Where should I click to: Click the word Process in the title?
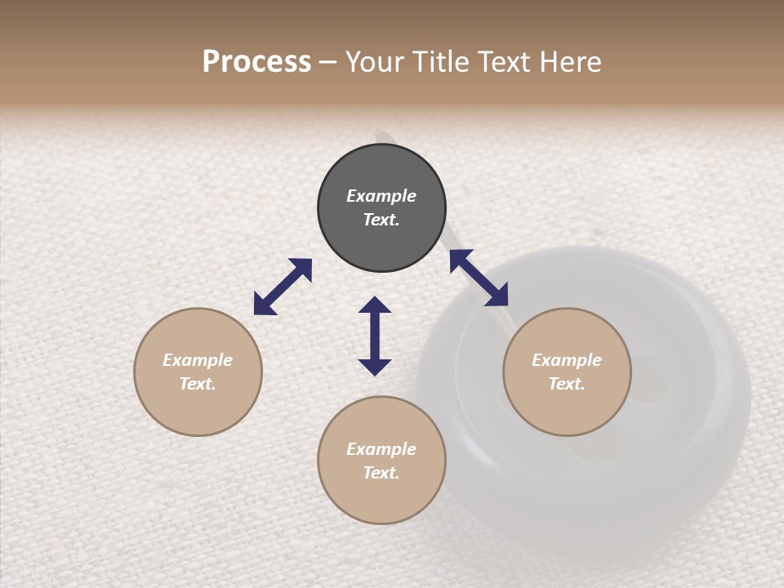256,62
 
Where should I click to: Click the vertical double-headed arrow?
375,336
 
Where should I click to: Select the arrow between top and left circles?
283,287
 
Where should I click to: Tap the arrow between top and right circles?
479,278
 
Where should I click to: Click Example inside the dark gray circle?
381,196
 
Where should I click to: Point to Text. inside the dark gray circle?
381,220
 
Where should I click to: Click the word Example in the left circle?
198,360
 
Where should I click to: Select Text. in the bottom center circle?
381,473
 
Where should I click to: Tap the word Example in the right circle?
567,360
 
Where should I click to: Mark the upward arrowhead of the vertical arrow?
375,305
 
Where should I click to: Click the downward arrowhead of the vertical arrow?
375,367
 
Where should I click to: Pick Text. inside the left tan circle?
198,384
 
